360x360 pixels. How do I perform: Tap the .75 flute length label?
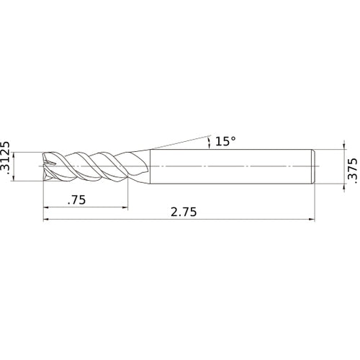[x=76, y=202]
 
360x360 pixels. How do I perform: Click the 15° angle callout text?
[x=225, y=141]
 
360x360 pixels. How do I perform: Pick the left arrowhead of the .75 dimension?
[x=47, y=210]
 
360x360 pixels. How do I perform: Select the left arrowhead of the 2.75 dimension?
[x=47, y=220]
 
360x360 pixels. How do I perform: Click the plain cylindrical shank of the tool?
[x=230, y=166]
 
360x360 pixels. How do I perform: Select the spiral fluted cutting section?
[x=90, y=166]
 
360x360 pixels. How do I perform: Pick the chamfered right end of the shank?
[x=313, y=166]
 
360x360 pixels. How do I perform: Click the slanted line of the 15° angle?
[x=180, y=140]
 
